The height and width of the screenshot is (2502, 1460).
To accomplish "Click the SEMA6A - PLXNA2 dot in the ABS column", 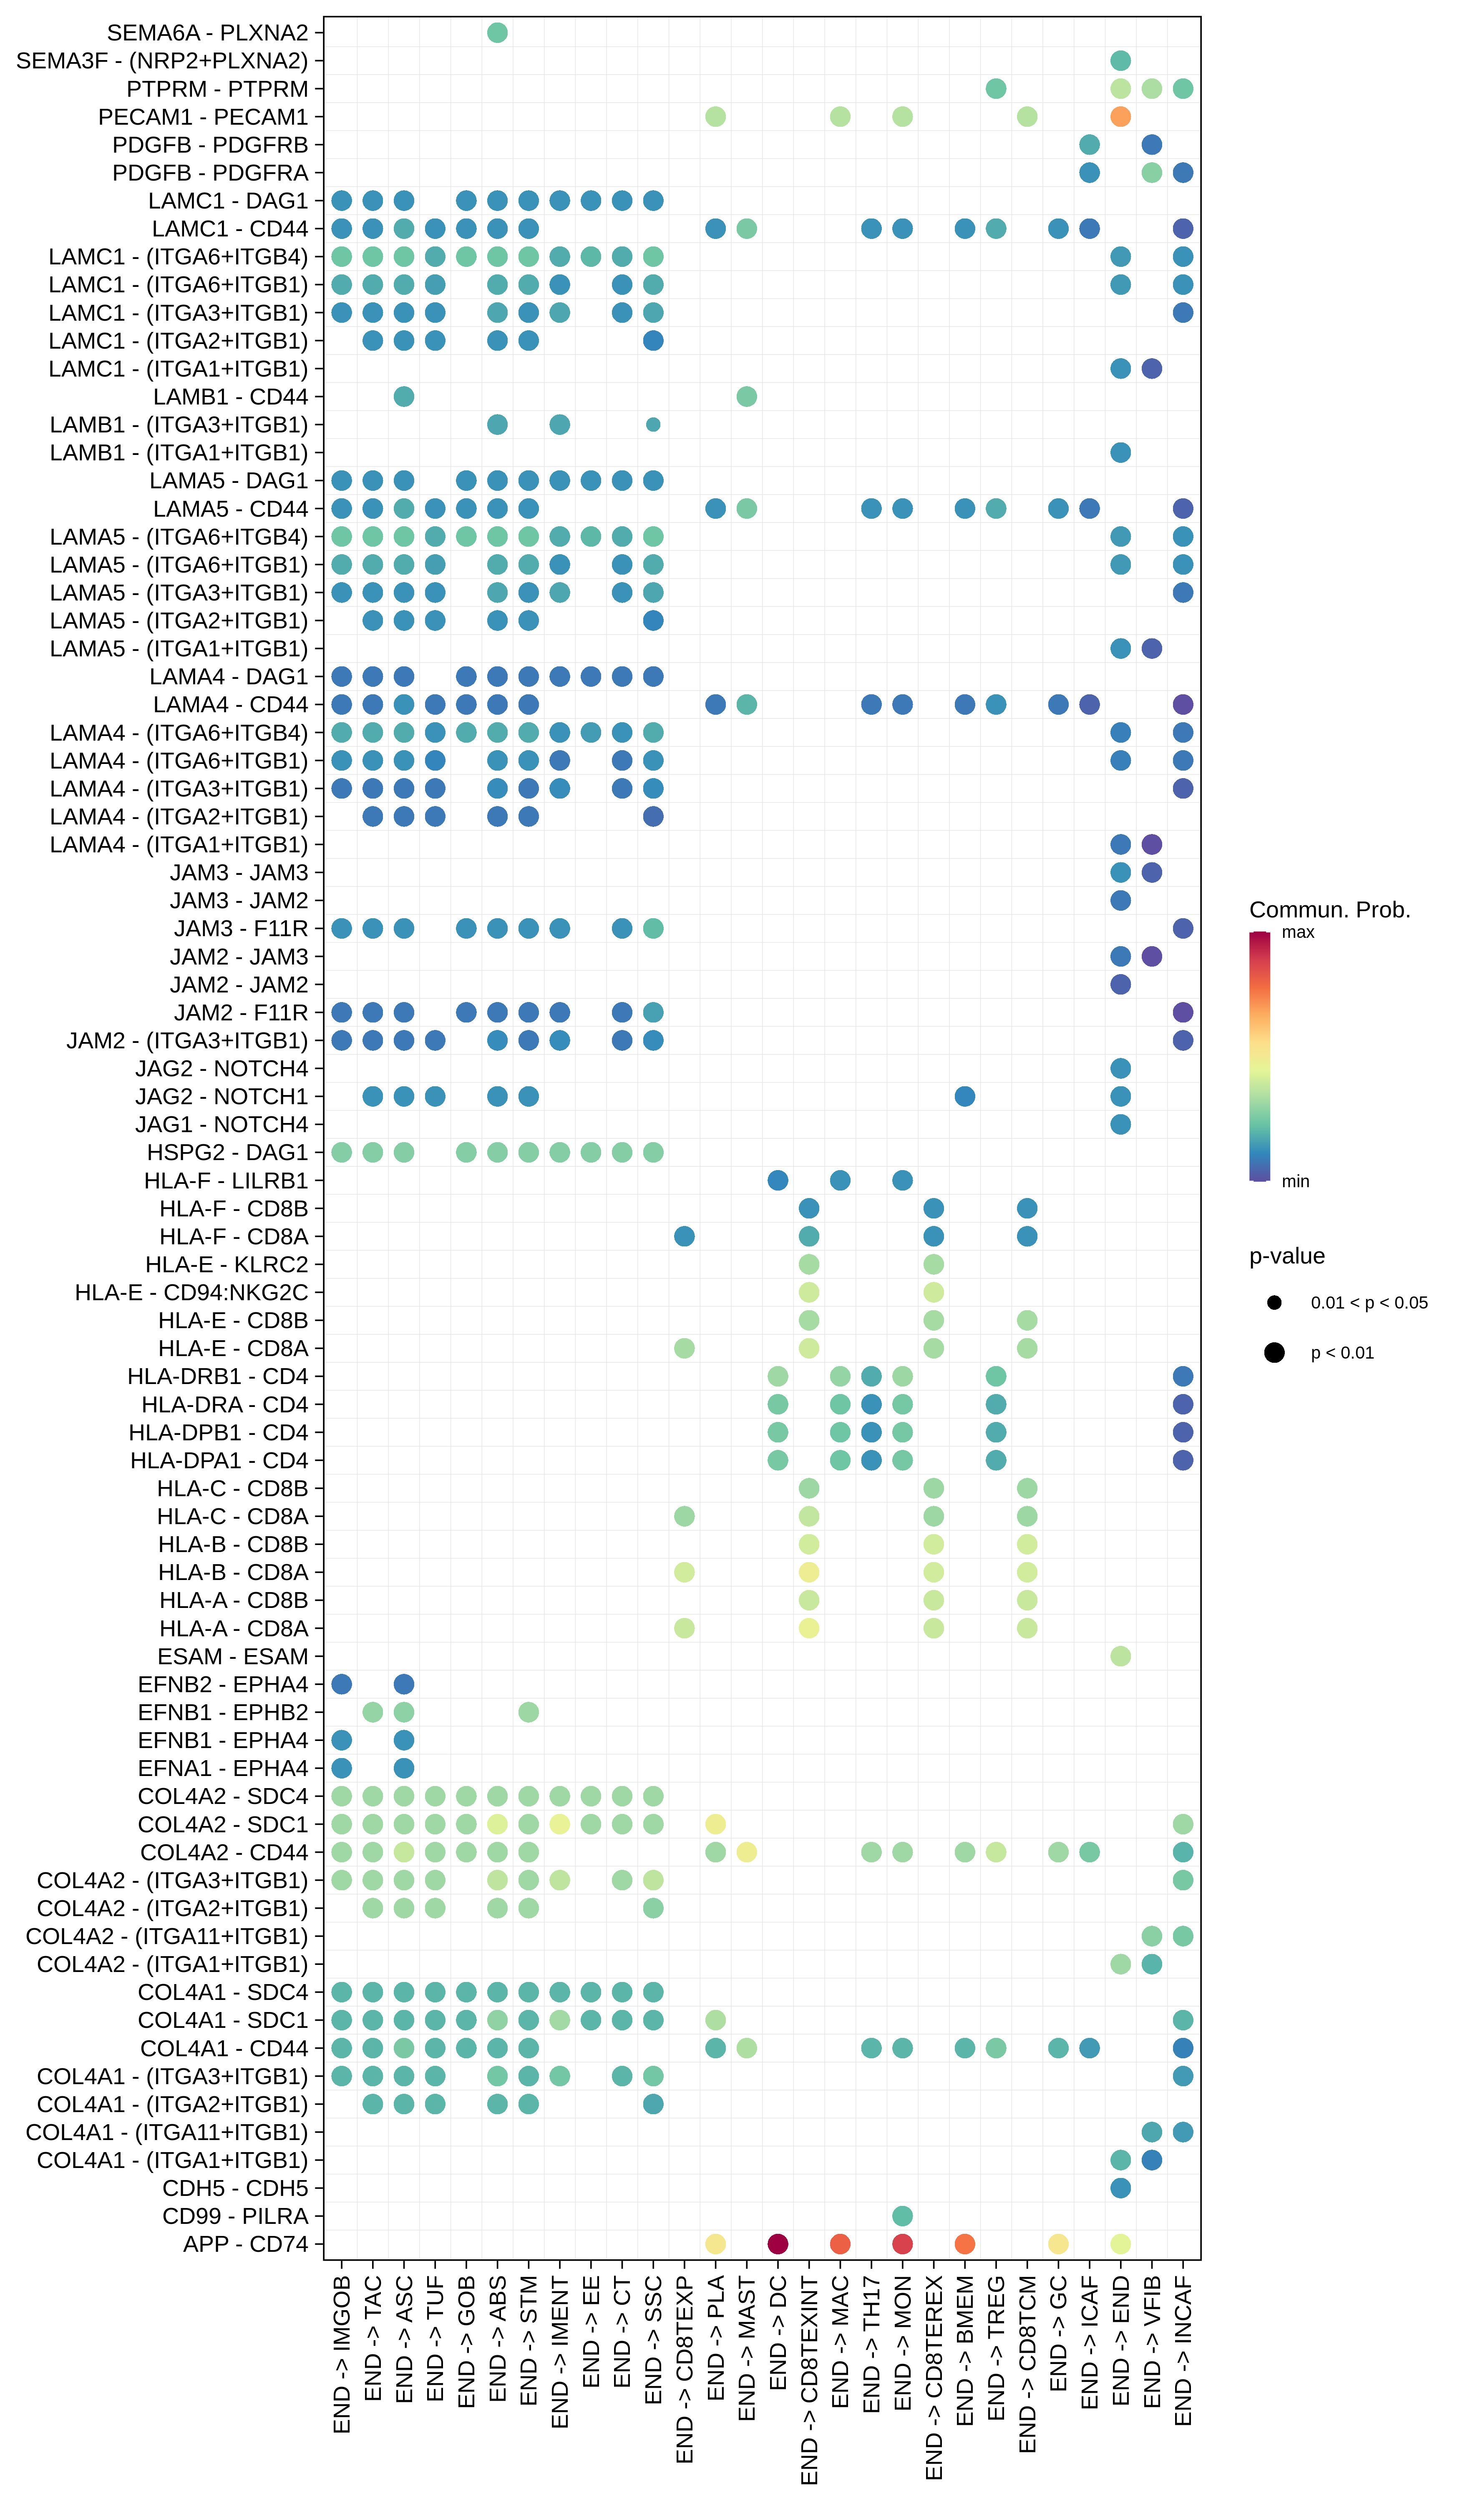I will pyautogui.click(x=498, y=33).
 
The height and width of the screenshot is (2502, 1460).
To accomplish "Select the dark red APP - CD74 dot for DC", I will pyautogui.click(x=778, y=2244).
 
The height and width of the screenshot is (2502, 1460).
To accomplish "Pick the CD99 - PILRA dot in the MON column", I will pyautogui.click(x=902, y=2216).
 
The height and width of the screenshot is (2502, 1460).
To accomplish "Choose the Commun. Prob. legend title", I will pyautogui.click(x=1329, y=909).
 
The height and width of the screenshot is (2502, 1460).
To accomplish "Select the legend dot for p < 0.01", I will pyautogui.click(x=1274, y=1352).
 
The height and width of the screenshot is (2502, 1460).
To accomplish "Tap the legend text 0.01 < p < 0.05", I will pyautogui.click(x=1369, y=1303).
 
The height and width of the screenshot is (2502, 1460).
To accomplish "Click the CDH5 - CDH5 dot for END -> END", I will pyautogui.click(x=1120, y=2188).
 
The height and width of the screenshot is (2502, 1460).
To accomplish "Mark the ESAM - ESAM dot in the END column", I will pyautogui.click(x=1120, y=1656).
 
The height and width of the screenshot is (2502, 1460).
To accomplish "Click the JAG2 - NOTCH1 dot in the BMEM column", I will pyautogui.click(x=964, y=1096).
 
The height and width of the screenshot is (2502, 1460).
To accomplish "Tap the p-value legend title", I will pyautogui.click(x=1286, y=1256).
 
